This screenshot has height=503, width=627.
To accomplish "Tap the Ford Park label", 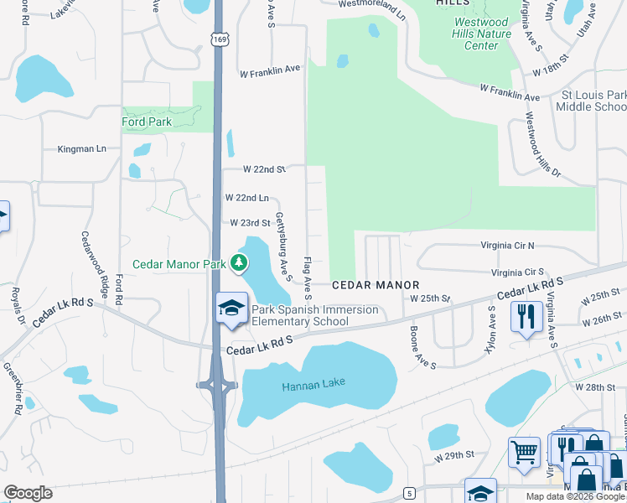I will (x=147, y=122).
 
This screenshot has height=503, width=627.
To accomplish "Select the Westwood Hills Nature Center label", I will (x=481, y=34).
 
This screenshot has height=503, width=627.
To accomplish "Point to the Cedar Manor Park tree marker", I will (x=239, y=263).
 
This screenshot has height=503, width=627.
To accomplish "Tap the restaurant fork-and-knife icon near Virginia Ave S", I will (x=525, y=317).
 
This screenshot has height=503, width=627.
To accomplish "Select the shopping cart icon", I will (x=524, y=451).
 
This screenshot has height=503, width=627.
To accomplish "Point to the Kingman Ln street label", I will (x=81, y=149).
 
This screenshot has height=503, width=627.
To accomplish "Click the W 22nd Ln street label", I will (x=246, y=198).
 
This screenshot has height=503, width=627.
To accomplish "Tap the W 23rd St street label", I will (x=251, y=223).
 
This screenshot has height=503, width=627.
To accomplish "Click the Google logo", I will (x=28, y=493).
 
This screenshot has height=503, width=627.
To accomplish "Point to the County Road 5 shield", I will (x=409, y=493).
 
